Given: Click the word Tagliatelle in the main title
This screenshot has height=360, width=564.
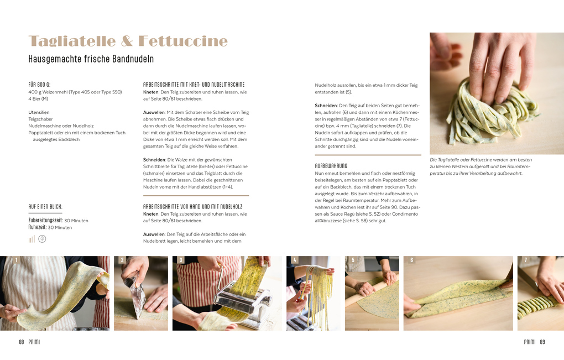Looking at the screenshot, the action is tap(72, 41).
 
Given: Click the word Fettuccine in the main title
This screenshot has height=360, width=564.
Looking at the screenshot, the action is tap(183, 41).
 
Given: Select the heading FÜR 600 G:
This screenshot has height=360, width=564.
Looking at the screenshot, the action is tap(39, 85).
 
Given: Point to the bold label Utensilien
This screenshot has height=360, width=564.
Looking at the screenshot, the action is tap(39, 112).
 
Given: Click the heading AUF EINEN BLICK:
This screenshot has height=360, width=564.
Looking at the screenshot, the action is tap(45, 207).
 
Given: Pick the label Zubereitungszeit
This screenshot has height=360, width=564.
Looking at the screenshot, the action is tap(45, 221).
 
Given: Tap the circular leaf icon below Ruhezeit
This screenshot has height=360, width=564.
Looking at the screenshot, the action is tap(42, 239).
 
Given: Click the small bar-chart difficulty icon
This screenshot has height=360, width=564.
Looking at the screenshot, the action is tap(32, 239).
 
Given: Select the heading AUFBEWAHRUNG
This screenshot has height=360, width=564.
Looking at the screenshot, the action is tap(331, 166).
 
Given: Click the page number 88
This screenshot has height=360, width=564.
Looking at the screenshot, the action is tap(21, 342).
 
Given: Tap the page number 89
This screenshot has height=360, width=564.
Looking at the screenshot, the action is tap(542, 342).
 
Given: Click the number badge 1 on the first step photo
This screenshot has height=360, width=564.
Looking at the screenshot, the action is tap(16, 260).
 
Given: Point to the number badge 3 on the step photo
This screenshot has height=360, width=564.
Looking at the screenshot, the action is tap(181, 260).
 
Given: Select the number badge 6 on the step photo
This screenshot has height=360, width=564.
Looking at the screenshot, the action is tap(412, 260).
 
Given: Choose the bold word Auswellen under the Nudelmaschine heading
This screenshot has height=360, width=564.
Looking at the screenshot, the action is tap(154, 112).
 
